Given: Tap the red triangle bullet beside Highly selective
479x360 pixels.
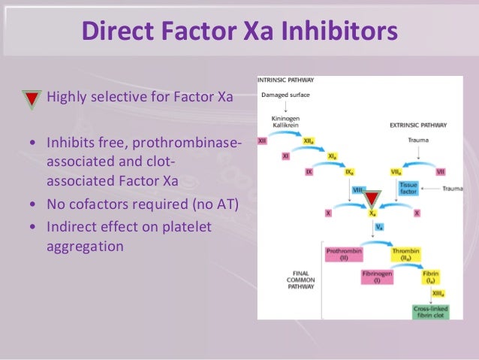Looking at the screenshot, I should click(x=32, y=98).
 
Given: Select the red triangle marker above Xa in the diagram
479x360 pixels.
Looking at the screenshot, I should click(x=372, y=199).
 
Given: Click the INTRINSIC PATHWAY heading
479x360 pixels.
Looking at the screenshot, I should click(x=286, y=80).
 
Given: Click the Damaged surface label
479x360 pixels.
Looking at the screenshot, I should click(x=280, y=95).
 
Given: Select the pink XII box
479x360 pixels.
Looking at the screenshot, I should click(x=262, y=140).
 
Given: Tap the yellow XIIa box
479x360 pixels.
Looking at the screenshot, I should click(x=309, y=140).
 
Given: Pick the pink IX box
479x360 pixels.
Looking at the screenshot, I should click(x=309, y=172).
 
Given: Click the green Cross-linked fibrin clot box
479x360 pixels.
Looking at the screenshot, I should click(x=430, y=311).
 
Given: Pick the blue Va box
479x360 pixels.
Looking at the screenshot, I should click(x=380, y=226).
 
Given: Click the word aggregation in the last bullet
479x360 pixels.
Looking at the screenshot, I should click(x=85, y=246).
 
